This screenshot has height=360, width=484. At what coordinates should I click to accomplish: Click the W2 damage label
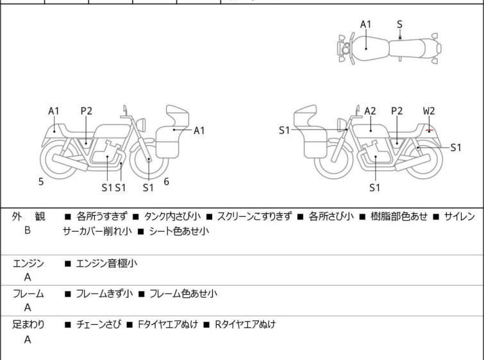pos(429,111)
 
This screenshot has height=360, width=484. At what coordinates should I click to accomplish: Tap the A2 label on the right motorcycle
pos(370,111)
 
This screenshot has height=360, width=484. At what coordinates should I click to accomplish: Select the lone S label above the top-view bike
pos(400,24)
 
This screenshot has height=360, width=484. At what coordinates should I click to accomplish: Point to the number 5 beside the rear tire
pos(41,182)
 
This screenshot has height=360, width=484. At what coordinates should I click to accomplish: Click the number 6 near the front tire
pos(166,182)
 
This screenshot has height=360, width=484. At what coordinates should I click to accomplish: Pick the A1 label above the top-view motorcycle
pos(365,24)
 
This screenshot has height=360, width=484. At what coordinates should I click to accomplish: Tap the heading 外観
pos(28,217)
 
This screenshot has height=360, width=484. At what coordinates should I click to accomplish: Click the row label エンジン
pos(28,263)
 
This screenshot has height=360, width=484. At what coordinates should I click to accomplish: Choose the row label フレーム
pos(28,294)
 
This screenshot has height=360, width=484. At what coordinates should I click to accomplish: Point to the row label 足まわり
pos(28,325)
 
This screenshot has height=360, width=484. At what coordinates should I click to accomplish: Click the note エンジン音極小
pos(106,263)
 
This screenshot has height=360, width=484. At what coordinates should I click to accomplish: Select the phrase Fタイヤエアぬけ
pos(168,325)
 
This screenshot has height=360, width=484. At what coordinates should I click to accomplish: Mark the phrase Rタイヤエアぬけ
pos(245,325)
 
